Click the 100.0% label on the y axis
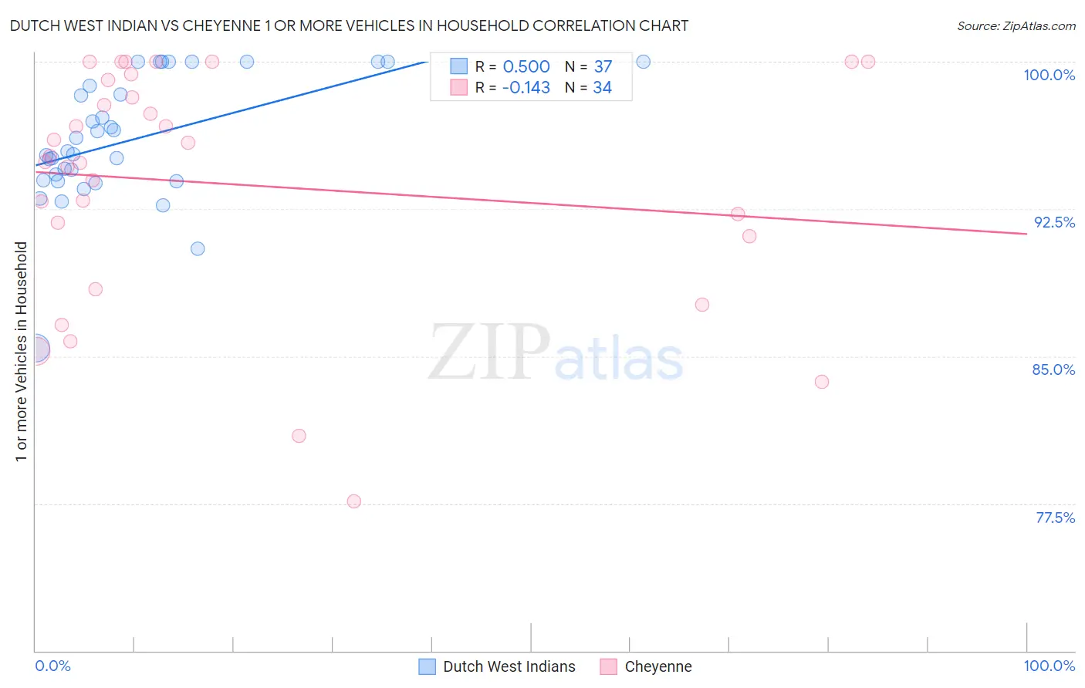(x=1049, y=75)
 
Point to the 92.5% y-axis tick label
(x=1054, y=222)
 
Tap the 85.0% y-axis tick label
(x=1053, y=369)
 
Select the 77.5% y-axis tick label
(x=1055, y=518)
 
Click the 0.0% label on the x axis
(x=52, y=666)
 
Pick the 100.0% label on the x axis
(x=1049, y=666)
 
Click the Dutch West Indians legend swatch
(x=428, y=666)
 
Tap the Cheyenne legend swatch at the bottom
(x=609, y=666)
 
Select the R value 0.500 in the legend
(x=526, y=67)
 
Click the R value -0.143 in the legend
(x=526, y=88)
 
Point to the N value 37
(x=603, y=67)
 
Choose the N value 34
(x=602, y=88)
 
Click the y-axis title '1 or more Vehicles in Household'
(x=21, y=352)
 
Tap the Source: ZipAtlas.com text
(x=1016, y=26)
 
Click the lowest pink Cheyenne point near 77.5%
(x=354, y=501)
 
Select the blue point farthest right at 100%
(x=643, y=62)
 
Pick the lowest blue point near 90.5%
(x=198, y=248)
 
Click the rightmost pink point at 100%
(x=868, y=62)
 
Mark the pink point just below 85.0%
(x=822, y=382)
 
